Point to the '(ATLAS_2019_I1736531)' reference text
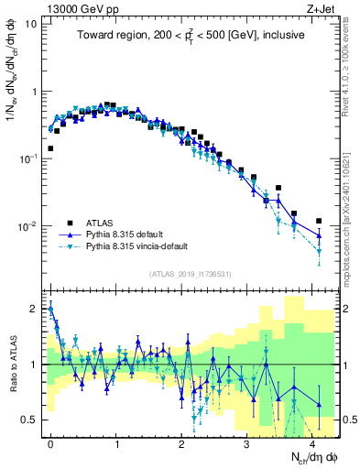(x=189, y=274)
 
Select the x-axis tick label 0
(x=50, y=442)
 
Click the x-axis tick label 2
(x=182, y=442)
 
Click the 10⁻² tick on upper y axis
(x=26, y=226)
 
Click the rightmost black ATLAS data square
(x=319, y=221)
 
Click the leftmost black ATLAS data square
(x=50, y=147)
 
